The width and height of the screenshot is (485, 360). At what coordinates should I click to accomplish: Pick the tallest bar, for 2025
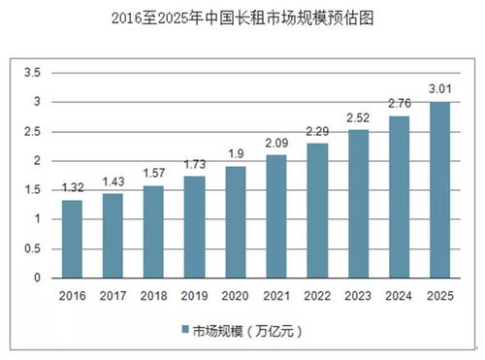point(440,189)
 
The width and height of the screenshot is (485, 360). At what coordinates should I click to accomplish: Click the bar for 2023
point(359,204)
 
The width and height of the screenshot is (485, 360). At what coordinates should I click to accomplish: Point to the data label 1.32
point(72,188)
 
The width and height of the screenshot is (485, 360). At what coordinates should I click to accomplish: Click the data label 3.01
point(440,89)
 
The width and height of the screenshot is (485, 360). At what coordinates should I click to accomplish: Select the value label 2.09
point(276,144)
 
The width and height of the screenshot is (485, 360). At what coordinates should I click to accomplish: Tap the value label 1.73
point(195,165)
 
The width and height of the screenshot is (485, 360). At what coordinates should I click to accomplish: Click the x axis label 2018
point(154,296)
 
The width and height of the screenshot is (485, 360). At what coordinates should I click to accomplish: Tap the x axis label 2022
point(317,296)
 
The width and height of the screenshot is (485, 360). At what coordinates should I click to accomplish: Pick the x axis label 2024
point(400,296)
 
